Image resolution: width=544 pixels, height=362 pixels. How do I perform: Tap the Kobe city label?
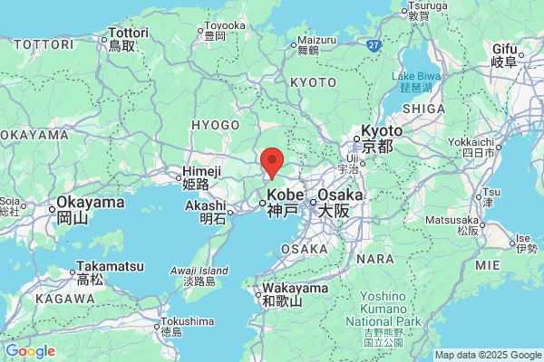(x=281, y=202)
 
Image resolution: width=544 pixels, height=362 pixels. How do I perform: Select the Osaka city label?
(x=339, y=202)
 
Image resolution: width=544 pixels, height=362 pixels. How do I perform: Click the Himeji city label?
(x=200, y=176)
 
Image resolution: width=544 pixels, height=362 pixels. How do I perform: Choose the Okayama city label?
(x=84, y=209)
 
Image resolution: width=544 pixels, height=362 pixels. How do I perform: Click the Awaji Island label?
(x=201, y=275)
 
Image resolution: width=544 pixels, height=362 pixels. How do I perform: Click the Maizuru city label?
(x=307, y=45)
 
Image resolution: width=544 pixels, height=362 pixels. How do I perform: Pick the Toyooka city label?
(x=224, y=31)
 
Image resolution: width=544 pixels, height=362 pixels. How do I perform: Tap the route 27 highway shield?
(x=374, y=43)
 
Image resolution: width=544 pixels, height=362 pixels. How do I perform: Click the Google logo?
(x=30, y=350)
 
